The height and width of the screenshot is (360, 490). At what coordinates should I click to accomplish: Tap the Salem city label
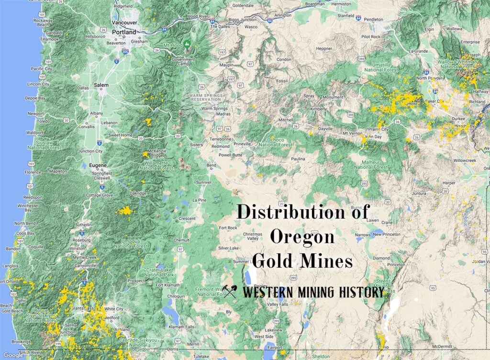(x=101, y=85)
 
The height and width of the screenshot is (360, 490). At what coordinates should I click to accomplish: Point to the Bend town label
(x=211, y=165)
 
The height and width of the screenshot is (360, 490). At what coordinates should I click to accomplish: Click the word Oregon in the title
(x=302, y=236)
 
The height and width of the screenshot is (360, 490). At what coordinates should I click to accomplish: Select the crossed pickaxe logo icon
(x=230, y=291)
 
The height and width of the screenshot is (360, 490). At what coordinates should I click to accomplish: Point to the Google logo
(x=10, y=355)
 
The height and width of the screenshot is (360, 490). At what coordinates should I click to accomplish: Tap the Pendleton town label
(x=374, y=19)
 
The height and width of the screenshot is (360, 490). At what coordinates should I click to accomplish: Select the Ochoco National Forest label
(x=275, y=141)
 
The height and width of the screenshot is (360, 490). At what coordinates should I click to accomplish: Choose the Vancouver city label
(x=124, y=22)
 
